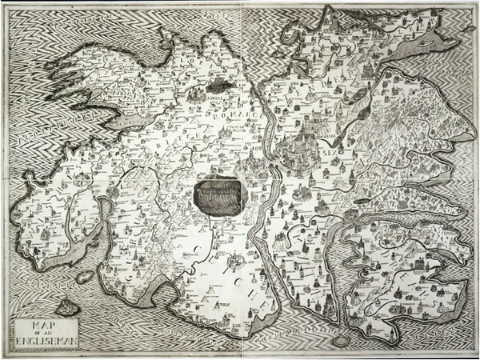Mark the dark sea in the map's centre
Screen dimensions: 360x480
point(218,195)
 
